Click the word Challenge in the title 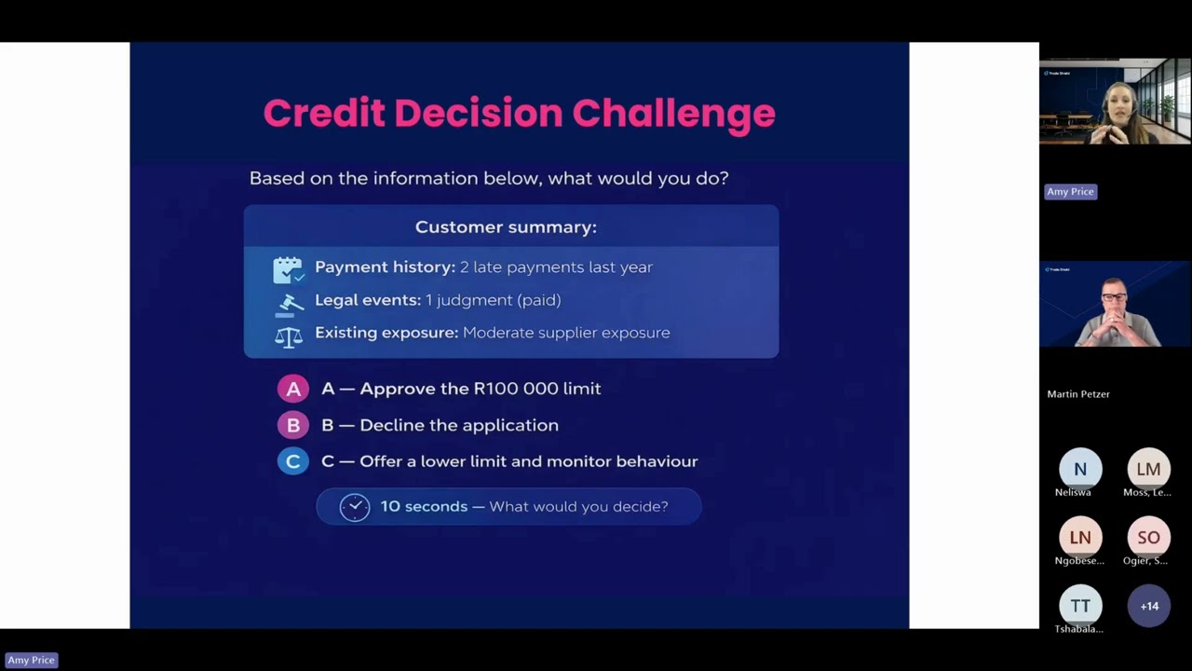click(673, 114)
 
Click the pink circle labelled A click(292, 389)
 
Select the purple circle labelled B click(292, 425)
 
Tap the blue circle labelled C click(292, 461)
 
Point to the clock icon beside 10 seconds click(354, 507)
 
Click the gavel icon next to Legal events click(290, 303)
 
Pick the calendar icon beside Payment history click(288, 269)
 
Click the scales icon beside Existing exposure click(289, 335)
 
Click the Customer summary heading click(506, 227)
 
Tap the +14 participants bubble click(1148, 606)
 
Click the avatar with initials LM click(1148, 469)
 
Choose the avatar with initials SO click(1148, 538)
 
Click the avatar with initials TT click(1080, 606)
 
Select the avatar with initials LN click(1080, 538)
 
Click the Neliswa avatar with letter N click(1080, 469)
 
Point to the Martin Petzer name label click(1078, 394)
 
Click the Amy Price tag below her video click(1070, 192)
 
